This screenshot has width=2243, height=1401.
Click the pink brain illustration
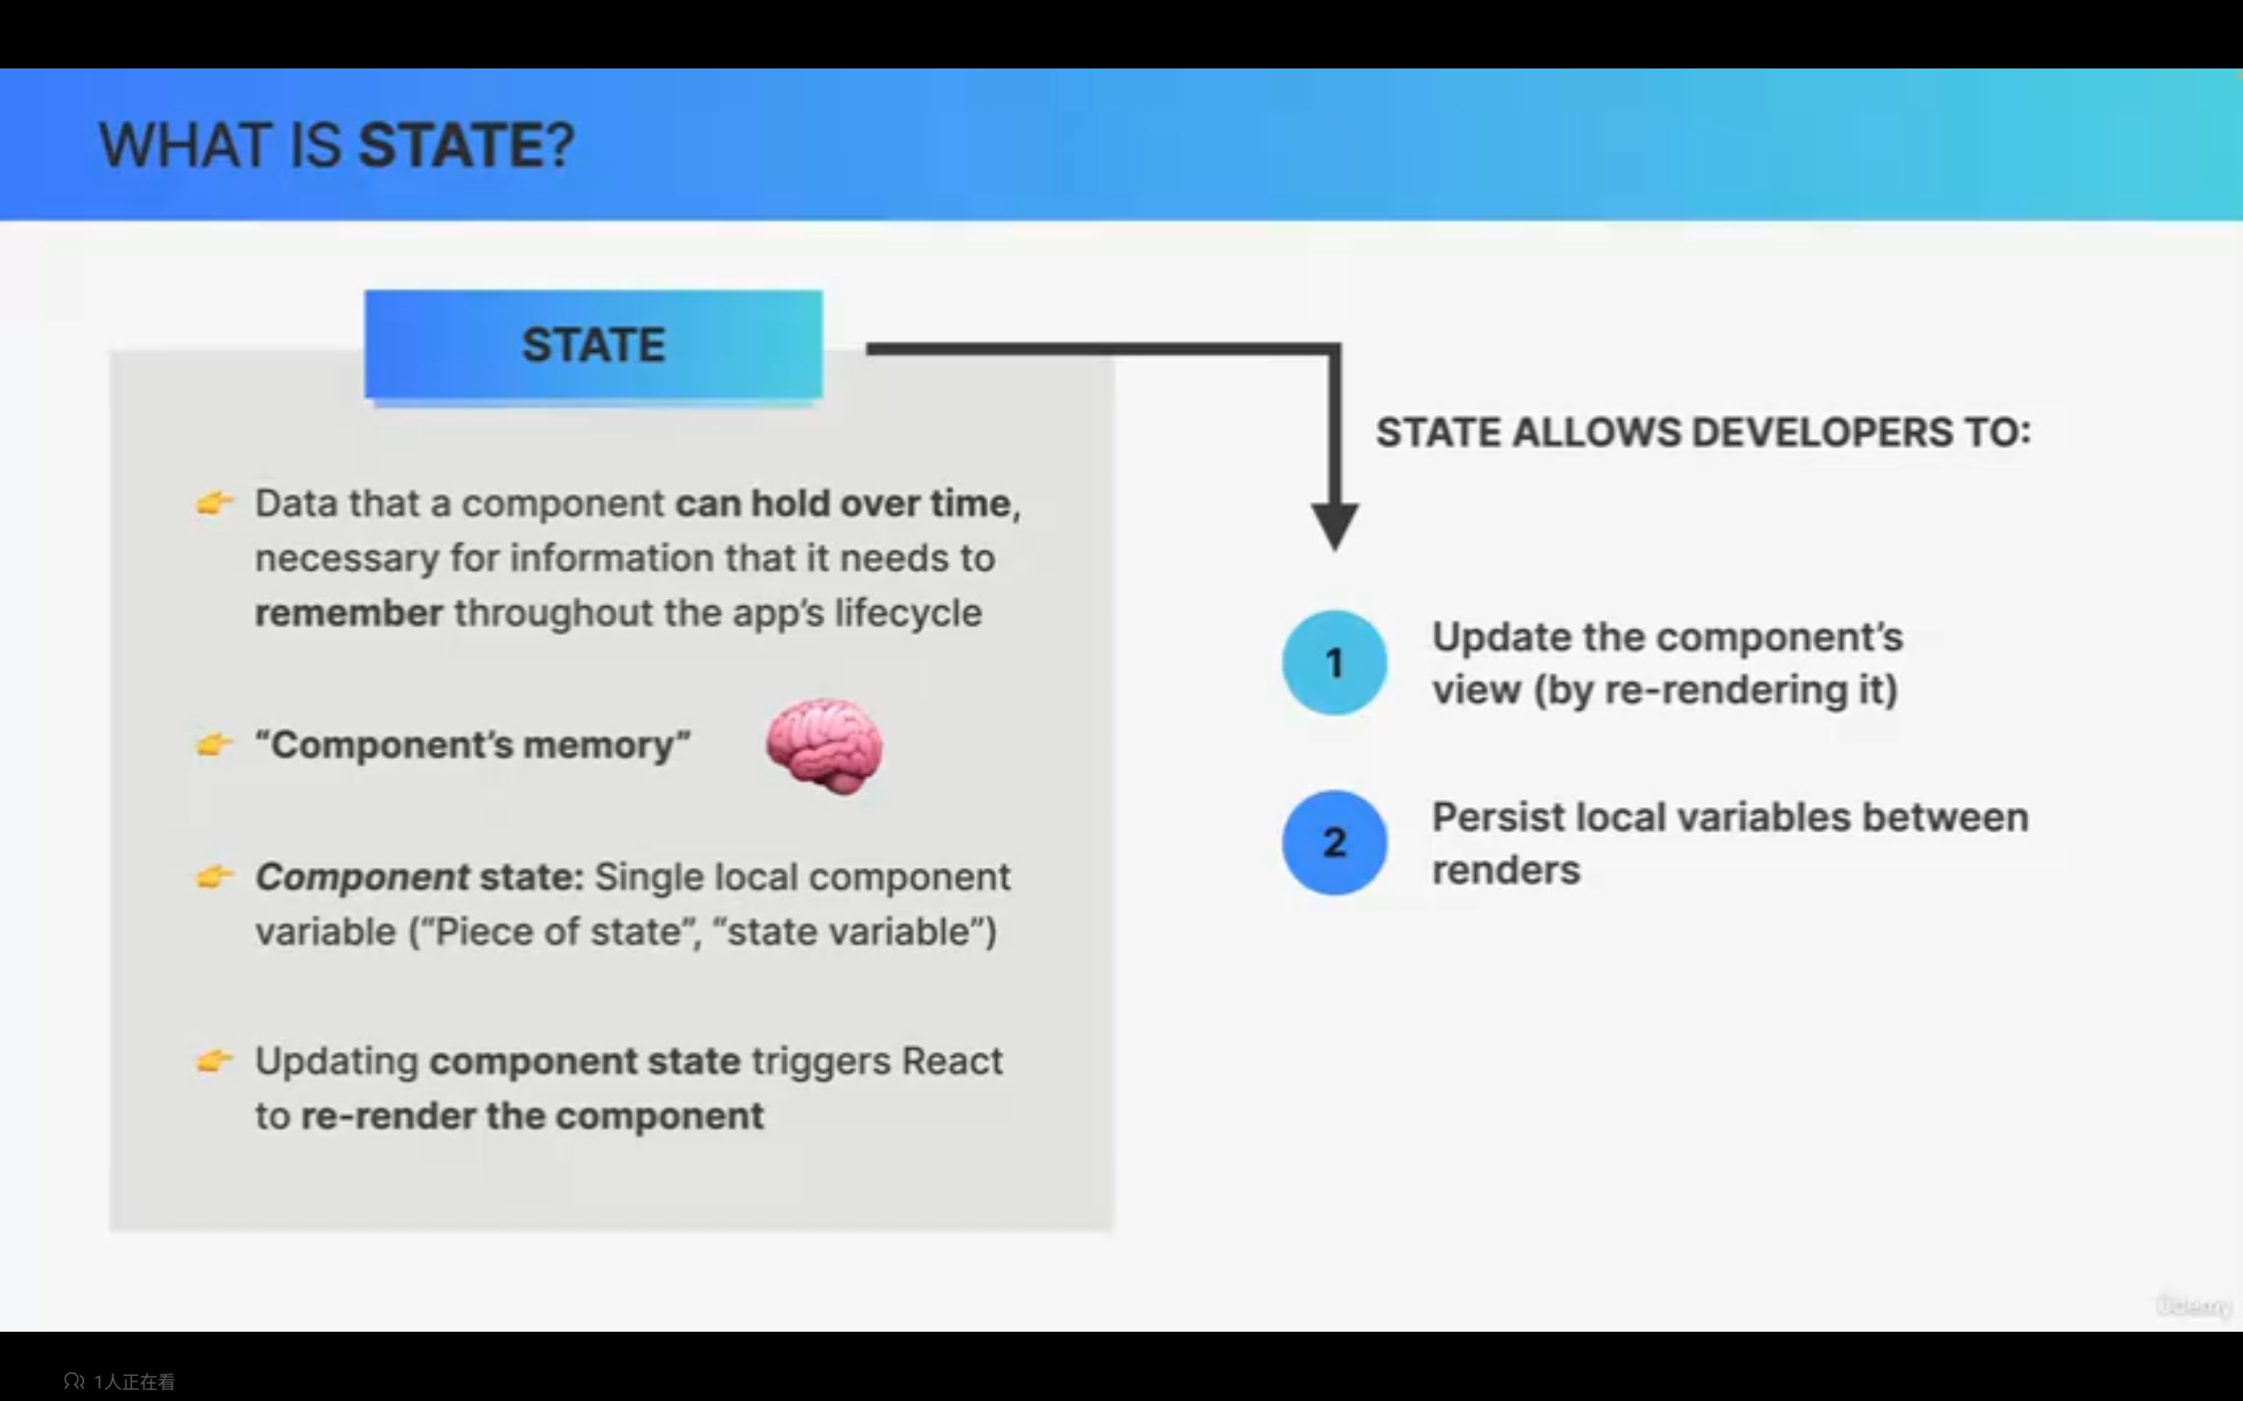(824, 746)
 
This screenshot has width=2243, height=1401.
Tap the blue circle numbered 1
(1335, 662)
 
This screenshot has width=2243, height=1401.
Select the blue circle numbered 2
(1335, 842)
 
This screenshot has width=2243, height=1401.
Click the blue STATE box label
(593, 345)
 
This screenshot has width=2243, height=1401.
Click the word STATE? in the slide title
(467, 146)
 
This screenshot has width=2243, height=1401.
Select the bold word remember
(348, 613)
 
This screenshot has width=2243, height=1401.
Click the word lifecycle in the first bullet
(908, 613)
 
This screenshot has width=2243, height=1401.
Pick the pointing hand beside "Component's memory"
(214, 744)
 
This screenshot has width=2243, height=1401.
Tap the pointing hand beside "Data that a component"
(214, 502)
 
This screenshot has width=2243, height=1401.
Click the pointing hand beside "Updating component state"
(214, 1060)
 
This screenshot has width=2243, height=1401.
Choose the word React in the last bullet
(952, 1061)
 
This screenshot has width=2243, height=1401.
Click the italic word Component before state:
(362, 877)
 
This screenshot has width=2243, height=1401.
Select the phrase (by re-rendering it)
(1716, 690)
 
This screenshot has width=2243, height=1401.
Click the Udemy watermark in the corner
(2194, 1305)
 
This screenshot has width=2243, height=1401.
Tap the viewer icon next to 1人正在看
(74, 1381)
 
